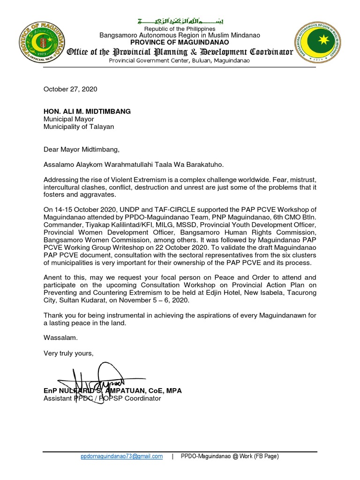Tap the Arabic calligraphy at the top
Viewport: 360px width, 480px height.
click(180, 22)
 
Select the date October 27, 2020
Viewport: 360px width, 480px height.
click(70, 89)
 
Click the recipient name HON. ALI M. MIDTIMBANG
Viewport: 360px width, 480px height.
click(87, 111)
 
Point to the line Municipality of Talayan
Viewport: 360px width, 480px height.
click(79, 127)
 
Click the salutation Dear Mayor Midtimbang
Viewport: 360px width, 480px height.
click(82, 150)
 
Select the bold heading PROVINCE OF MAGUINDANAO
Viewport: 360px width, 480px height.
click(180, 42)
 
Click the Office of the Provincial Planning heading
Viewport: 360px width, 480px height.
click(180, 52)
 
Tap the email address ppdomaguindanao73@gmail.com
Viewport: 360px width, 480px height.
click(121, 456)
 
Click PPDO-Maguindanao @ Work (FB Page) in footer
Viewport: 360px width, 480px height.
click(230, 456)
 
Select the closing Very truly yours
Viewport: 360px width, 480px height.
click(68, 353)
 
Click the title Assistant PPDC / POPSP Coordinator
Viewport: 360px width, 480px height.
click(102, 398)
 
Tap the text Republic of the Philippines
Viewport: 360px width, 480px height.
click(180, 29)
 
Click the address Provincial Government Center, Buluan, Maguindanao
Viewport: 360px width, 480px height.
click(180, 60)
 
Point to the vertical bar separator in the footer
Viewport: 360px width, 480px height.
click(173, 456)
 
